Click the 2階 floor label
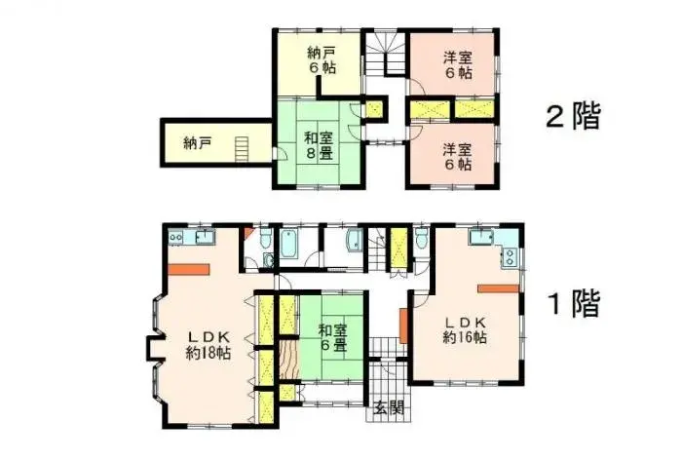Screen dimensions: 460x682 pyautogui.click(x=573, y=118)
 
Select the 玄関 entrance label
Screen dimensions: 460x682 pyautogui.click(x=388, y=408)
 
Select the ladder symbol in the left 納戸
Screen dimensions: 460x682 pyautogui.click(x=241, y=146)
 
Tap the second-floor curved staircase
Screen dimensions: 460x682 pyautogui.click(x=385, y=54)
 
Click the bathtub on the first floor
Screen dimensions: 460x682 pyautogui.click(x=290, y=246)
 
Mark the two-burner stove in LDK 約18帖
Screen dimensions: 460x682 pyautogui.click(x=176, y=237)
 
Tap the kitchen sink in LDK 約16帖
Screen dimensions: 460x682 pyautogui.click(x=480, y=238)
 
